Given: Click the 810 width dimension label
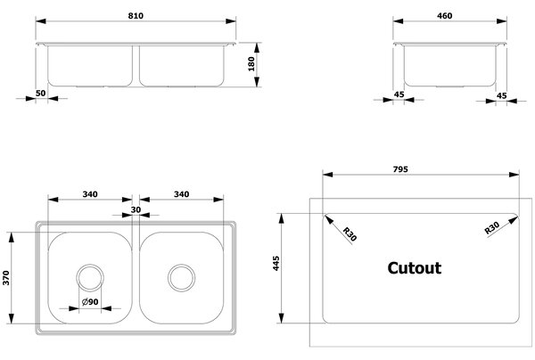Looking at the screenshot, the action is coord(136,16).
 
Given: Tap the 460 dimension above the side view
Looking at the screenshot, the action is coord(445,16).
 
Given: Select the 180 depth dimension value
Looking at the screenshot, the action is coord(251,64).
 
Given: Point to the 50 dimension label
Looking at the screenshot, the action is coord(41,93).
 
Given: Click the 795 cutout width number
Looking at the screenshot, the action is coord(400,169).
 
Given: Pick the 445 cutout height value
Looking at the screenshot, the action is coord(276,263).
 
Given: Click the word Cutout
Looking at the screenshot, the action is coord(415,268).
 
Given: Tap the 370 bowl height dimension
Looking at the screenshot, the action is coord(6,278).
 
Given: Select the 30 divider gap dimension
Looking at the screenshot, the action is coord(136,209).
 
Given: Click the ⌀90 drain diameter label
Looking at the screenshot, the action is coord(90,302).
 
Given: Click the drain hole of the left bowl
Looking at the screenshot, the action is coord(90,277).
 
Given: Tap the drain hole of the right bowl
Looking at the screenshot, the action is coord(182,277).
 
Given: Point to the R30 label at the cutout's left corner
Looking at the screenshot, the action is coord(350,234).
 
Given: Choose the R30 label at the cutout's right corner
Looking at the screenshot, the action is coord(492,228).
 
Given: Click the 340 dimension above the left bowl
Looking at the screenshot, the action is coord(90,194).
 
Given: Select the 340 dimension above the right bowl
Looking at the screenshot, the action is coord(182,194).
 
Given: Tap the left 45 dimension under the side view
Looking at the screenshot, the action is coord(399,94).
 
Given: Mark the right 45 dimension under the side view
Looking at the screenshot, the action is coord(501,95).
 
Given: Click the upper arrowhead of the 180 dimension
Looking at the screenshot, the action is coord(257,48).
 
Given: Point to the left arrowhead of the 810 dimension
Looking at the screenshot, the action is coord(41,21).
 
